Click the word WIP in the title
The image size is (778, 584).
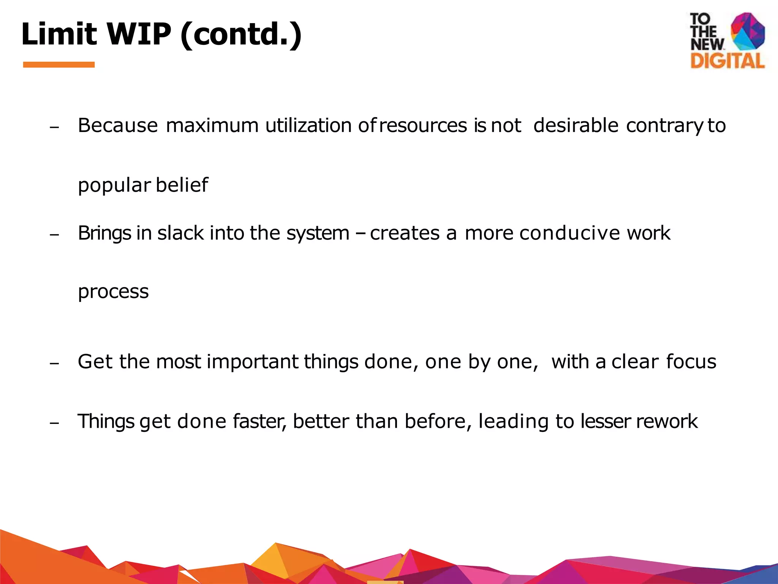[139, 34]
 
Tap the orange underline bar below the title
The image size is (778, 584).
[59, 65]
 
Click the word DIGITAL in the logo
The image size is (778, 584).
[727, 61]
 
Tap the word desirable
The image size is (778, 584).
[576, 125]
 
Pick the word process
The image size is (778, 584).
[113, 292]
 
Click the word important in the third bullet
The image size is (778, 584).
[252, 361]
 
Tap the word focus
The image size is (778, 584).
[691, 361]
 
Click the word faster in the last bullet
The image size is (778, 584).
[259, 421]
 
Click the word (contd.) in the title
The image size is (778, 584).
[241, 34]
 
